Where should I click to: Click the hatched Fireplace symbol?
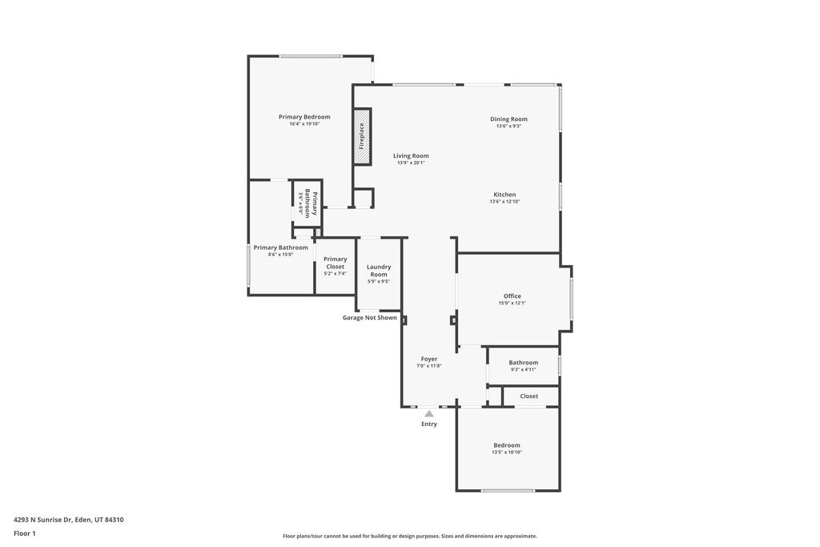tap(362, 137)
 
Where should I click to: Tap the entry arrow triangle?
tap(429, 413)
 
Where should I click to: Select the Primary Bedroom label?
tap(304, 117)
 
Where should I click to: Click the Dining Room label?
tap(508, 119)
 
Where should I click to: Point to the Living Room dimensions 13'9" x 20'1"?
tap(411, 163)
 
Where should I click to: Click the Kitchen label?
tap(504, 195)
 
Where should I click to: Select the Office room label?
tap(512, 296)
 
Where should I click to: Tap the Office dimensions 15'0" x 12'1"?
tap(512, 304)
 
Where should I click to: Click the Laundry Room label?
tap(379, 271)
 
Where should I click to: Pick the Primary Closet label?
tap(336, 263)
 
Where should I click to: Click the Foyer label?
tap(429, 359)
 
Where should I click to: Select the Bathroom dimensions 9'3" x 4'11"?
tap(523, 370)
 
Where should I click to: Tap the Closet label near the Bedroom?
tap(529, 396)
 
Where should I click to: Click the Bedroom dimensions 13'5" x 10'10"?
tap(507, 452)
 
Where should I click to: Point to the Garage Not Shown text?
tap(370, 317)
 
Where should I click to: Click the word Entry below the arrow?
tap(429, 424)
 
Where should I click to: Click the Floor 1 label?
tap(25, 533)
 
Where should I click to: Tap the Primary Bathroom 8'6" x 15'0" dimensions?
tap(280, 255)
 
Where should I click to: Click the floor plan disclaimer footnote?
tap(409, 536)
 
